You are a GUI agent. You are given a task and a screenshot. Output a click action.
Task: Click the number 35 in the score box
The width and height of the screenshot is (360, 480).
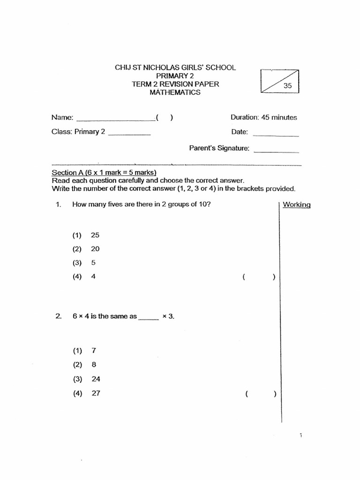288,86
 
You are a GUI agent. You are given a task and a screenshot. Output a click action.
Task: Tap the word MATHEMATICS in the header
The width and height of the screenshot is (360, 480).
175,92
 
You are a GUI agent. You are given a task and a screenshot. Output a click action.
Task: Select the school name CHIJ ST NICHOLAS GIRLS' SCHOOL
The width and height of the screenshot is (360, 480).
175,67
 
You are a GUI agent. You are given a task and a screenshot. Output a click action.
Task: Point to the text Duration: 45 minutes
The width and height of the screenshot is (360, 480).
263,118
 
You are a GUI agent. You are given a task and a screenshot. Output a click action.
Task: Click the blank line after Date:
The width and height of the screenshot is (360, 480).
276,135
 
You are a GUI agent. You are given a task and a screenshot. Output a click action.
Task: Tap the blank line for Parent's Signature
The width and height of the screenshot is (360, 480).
276,151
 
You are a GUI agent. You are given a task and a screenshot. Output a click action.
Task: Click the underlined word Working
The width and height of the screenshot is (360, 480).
297,205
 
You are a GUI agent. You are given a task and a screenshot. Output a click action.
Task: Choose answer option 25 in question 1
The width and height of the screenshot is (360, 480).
95,235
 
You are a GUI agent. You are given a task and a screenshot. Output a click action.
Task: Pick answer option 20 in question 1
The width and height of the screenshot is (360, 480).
95,249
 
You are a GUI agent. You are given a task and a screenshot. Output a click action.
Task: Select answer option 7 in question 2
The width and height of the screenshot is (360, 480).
94,351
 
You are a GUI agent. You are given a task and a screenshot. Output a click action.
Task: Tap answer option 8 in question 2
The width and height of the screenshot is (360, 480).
94,365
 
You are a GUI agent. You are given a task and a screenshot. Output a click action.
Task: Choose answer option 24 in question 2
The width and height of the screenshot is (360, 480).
96,379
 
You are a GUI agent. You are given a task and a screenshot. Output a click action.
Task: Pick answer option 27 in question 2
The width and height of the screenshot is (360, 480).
96,394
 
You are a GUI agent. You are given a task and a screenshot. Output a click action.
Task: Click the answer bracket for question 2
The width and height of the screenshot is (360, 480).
260,394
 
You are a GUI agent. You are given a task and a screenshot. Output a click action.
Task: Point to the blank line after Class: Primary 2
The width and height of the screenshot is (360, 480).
129,135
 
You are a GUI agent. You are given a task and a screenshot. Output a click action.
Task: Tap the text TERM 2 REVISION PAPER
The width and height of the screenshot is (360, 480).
175,84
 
